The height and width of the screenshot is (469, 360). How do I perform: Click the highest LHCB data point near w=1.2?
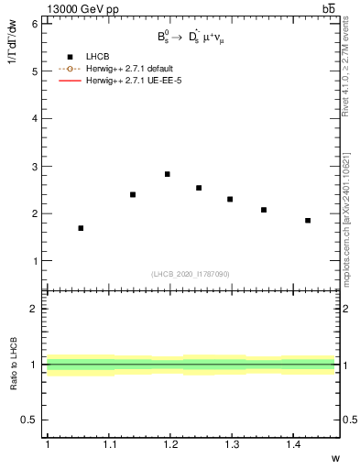pyautogui.click(x=167, y=174)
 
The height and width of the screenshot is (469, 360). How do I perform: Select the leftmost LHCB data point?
pyautogui.click(x=81, y=228)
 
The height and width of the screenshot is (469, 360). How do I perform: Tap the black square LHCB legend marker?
pyautogui.click(x=69, y=58)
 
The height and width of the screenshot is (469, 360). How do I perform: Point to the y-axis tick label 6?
pyautogui.click(x=35, y=24)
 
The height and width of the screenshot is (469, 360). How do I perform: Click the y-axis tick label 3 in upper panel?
pyautogui.click(x=35, y=166)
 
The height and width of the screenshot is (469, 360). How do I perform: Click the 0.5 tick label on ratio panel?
pyautogui.click(x=30, y=420)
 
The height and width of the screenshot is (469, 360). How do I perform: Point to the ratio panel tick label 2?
pyautogui.click(x=35, y=309)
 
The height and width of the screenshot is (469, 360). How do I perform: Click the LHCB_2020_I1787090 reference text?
pyautogui.click(x=191, y=274)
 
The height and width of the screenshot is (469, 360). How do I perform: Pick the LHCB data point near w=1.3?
pyautogui.click(x=230, y=199)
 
